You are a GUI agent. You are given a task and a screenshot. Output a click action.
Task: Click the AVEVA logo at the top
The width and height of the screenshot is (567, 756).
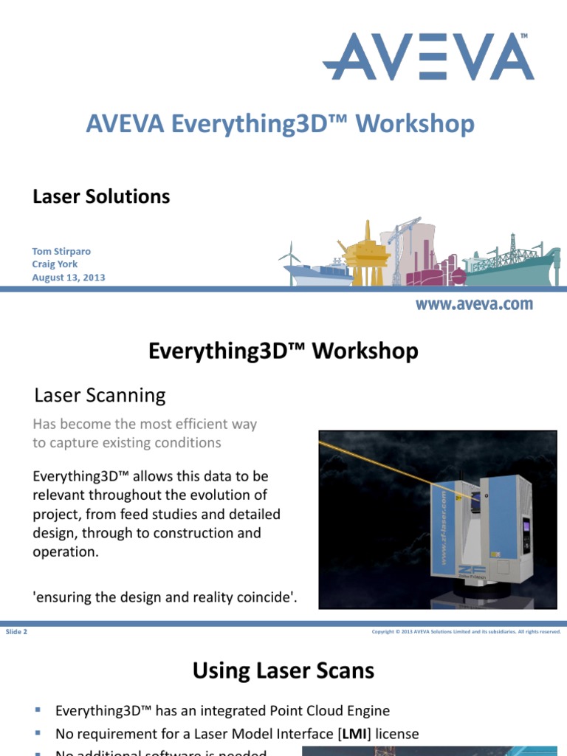[428, 56]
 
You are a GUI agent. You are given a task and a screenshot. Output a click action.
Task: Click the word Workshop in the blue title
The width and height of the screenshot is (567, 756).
[414, 124]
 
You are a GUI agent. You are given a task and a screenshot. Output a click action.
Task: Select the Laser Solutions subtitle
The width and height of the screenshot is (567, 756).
[101, 196]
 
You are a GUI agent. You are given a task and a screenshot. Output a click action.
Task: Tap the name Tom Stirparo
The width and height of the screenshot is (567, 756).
[61, 251]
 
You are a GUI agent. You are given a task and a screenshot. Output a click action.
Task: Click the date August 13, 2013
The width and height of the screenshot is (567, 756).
[69, 278]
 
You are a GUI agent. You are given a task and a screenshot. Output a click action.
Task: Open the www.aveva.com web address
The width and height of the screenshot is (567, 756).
[473, 304]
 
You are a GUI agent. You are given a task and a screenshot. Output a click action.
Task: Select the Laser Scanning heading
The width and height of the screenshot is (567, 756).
[100, 396]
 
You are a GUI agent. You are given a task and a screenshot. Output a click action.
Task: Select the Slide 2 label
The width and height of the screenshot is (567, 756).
[16, 632]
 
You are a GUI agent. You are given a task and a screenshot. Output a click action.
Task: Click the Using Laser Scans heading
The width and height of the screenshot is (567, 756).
[283, 670]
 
